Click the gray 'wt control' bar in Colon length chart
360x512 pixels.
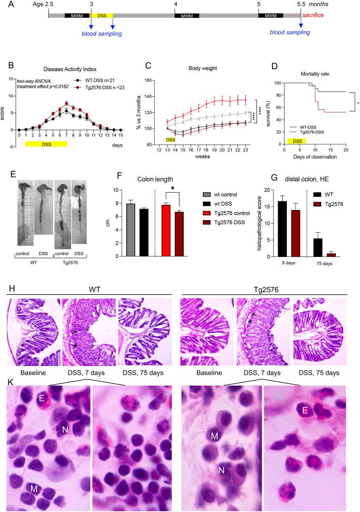(x=130, y=230)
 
